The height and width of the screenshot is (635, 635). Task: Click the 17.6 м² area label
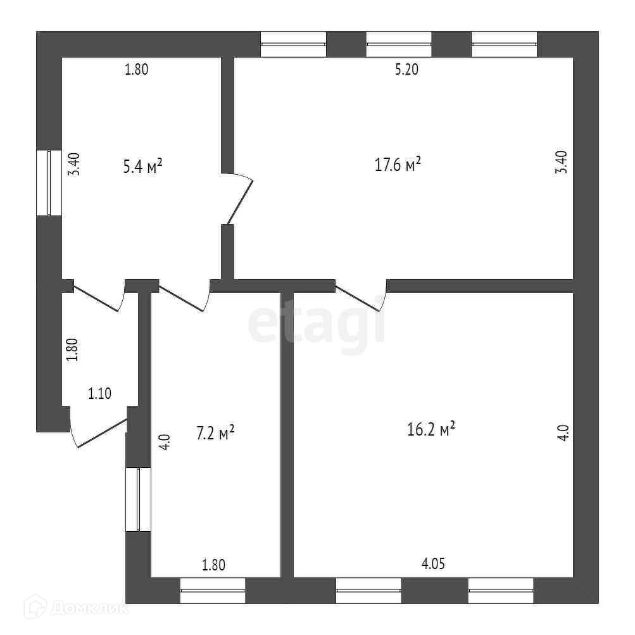point(398,165)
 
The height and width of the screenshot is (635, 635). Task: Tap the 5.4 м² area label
point(142,166)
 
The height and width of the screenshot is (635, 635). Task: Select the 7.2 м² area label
point(215,432)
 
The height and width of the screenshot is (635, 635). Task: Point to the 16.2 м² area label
point(431,429)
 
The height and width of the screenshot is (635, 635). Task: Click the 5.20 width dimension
point(406,69)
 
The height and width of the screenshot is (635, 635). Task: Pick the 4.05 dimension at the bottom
point(433,563)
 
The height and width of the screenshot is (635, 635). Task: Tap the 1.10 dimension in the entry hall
point(99,393)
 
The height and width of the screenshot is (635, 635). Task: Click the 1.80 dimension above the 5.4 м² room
point(137,69)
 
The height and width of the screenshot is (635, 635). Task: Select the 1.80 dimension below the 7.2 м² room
point(213,565)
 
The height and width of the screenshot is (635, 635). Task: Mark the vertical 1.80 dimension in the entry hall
point(72,350)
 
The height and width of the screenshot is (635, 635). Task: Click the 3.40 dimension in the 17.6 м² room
point(562,162)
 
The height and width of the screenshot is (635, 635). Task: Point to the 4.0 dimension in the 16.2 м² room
point(565,432)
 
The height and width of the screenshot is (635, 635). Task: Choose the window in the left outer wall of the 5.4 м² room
point(49,182)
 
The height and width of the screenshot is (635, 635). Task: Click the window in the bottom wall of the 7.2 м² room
point(213,590)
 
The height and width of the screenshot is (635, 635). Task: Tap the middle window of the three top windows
point(399,44)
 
